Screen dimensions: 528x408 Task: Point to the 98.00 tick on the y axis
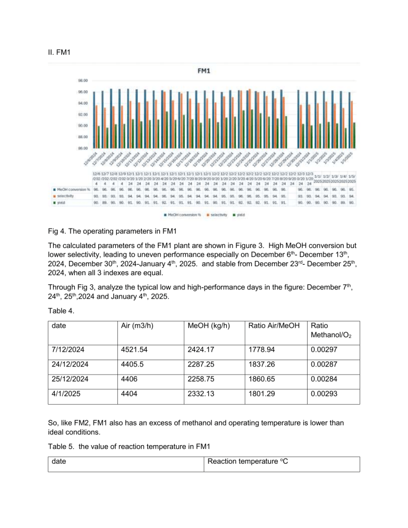[x=80, y=81]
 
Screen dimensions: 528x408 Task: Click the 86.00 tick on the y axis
[x=80, y=148]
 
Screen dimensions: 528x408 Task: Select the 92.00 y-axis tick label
[x=80, y=115]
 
